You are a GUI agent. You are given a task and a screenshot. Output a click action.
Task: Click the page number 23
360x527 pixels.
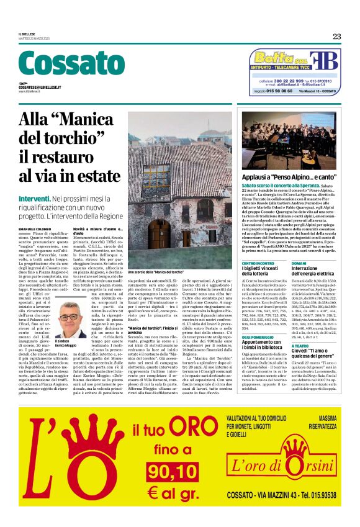(336, 37)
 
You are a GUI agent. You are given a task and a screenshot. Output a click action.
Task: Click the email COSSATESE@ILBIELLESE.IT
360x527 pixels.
(43, 88)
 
